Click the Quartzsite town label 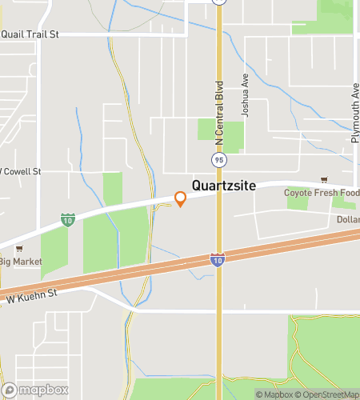(x=223, y=186)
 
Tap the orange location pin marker (x=181, y=199)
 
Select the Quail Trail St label (x=31, y=34)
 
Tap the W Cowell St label (x=21, y=171)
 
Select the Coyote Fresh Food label (x=321, y=193)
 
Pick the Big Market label (x=19, y=261)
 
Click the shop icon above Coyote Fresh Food (x=323, y=181)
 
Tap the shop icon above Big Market (x=19, y=249)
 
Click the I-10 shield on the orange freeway (x=217, y=259)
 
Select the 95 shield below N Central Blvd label (x=218, y=159)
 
